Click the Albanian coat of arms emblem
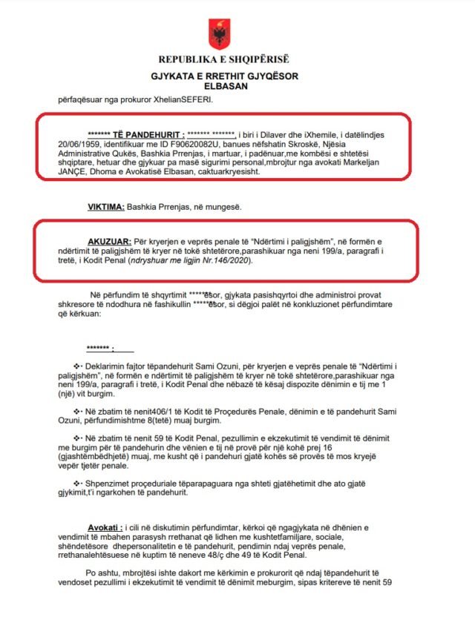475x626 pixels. click(x=219, y=33)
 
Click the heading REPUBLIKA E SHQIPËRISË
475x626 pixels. click(x=223, y=59)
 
